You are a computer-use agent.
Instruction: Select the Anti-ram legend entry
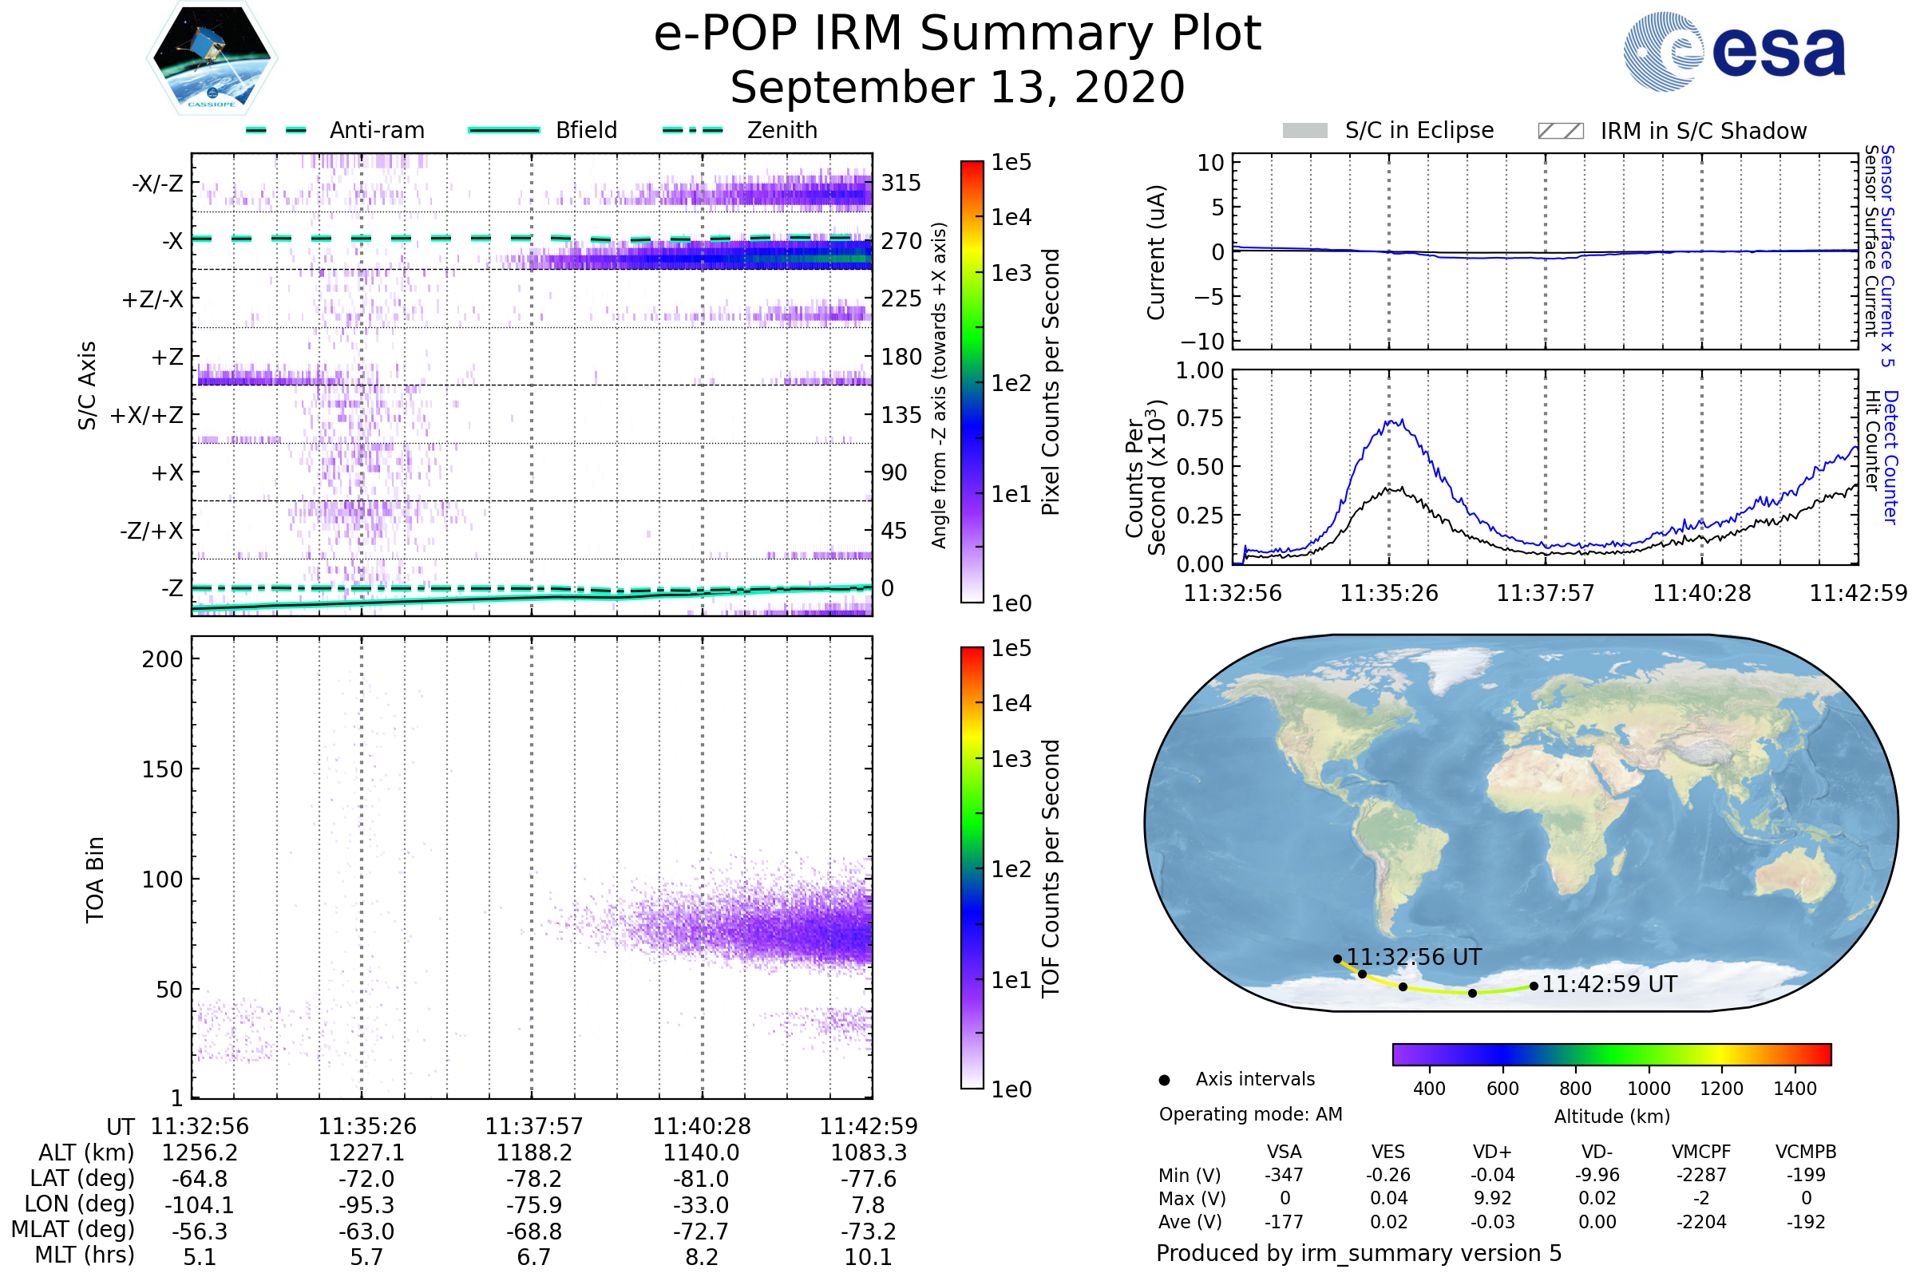point(376,130)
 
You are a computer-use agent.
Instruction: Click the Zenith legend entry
point(782,130)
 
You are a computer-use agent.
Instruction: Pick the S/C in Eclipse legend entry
point(1419,130)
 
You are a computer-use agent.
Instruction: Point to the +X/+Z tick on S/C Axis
point(147,415)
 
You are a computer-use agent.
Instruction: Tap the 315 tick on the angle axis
point(901,183)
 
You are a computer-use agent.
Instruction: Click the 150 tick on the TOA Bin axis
point(162,769)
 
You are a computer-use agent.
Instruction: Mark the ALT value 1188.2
point(533,1152)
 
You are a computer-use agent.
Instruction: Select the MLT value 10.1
point(868,1256)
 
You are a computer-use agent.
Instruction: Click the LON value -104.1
point(199,1204)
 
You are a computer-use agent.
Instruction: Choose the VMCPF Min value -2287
point(1701,1175)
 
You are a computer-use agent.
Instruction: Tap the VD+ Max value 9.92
point(1492,1198)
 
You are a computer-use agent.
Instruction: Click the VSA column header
point(1284,1152)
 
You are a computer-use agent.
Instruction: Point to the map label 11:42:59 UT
point(1609,984)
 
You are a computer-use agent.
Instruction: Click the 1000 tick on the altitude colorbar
point(1648,1089)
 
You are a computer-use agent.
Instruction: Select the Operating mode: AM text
point(1250,1114)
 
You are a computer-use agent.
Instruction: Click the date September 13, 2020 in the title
point(957,87)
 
